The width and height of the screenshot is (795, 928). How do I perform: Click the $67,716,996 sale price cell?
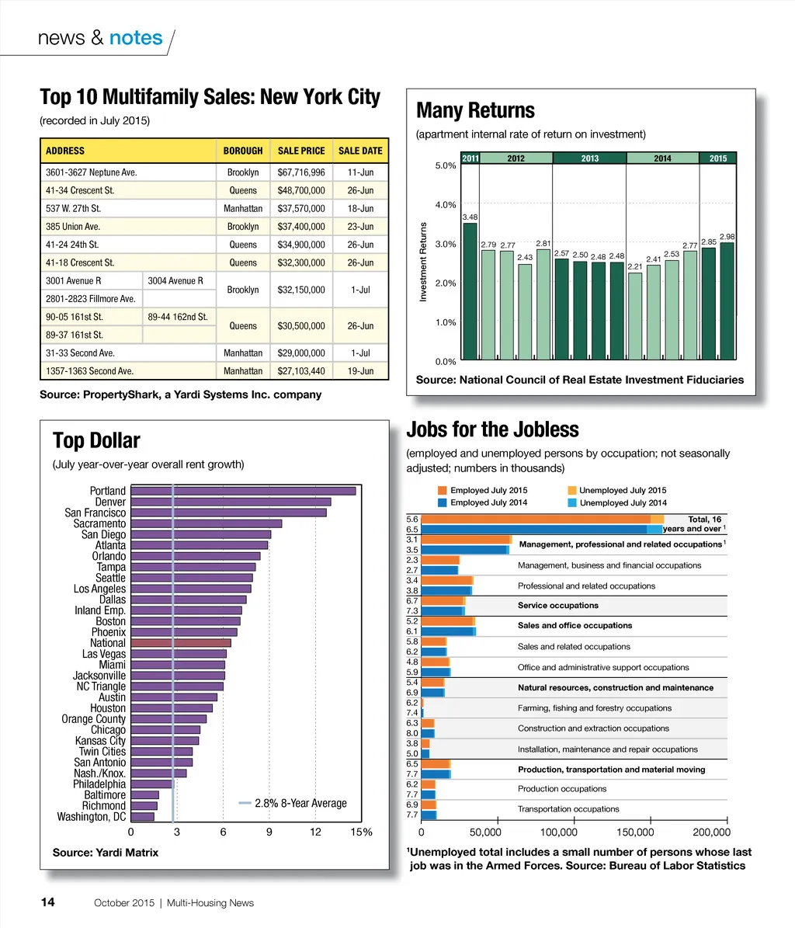point(301,172)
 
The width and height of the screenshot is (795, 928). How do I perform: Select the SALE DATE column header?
point(360,151)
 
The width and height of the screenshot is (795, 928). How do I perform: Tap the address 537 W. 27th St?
point(74,209)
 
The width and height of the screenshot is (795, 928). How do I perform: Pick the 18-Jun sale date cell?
point(360,209)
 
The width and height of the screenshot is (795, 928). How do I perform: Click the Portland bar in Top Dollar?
point(243,491)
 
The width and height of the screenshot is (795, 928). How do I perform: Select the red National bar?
point(181,643)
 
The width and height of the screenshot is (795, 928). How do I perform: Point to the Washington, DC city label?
point(91,817)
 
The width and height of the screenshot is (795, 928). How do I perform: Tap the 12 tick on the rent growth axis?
point(315,832)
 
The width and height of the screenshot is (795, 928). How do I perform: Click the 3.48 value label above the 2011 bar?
point(470,217)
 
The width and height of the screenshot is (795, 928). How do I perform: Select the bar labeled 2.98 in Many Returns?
point(727,300)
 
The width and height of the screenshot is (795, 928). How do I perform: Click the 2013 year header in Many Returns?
point(589,158)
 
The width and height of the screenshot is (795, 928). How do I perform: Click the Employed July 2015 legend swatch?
point(443,491)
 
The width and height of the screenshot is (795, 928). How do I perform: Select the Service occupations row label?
point(557,606)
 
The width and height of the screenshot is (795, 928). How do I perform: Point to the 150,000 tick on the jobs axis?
point(651,832)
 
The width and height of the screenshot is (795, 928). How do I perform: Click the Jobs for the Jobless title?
point(492,429)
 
